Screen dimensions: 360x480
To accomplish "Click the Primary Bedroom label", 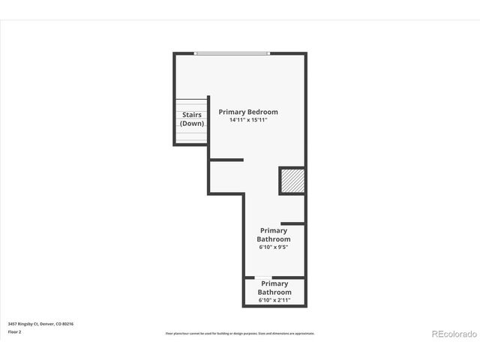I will (247, 112).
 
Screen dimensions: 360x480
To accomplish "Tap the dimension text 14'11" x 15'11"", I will (247, 120).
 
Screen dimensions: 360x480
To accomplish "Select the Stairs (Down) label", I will (192, 118).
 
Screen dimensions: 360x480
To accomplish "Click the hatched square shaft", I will (292, 181).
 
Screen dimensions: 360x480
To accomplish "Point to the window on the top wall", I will (232, 53).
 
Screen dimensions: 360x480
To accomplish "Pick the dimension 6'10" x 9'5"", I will (274, 247).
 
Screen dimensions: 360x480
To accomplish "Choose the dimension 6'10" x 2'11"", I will (274, 300).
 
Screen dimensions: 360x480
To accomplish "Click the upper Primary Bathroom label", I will (274, 235).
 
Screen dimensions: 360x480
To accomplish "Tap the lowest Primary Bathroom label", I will (274, 288).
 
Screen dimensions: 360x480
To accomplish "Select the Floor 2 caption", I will (14, 331).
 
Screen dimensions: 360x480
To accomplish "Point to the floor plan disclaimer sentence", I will (240, 333).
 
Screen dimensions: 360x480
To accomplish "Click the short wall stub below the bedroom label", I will (226, 160).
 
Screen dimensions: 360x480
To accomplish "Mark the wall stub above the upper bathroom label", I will (292, 223).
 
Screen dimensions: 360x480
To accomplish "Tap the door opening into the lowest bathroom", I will (262, 277).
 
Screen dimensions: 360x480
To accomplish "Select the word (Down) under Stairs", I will (192, 123).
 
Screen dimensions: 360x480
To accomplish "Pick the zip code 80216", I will (68, 324).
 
